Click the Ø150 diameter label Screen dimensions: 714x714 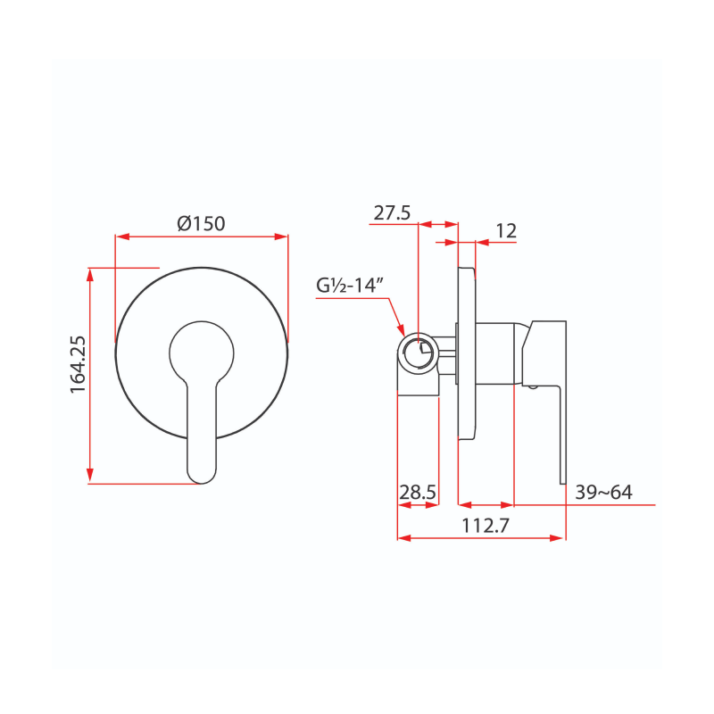[201, 223]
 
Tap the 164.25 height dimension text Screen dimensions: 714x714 [78, 363]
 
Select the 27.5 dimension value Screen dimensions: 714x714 [392, 212]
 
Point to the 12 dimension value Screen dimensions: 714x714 [506, 230]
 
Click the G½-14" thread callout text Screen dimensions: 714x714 [350, 286]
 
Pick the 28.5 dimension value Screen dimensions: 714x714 [418, 493]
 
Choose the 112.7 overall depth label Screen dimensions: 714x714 [485, 527]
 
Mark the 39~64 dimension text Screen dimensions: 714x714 [603, 493]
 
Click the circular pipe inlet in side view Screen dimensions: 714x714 [418, 353]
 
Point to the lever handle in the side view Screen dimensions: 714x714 [546, 375]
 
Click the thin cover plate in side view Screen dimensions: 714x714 [466, 353]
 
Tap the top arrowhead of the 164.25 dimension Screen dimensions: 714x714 [90, 273]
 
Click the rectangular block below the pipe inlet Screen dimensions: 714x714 [418, 382]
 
